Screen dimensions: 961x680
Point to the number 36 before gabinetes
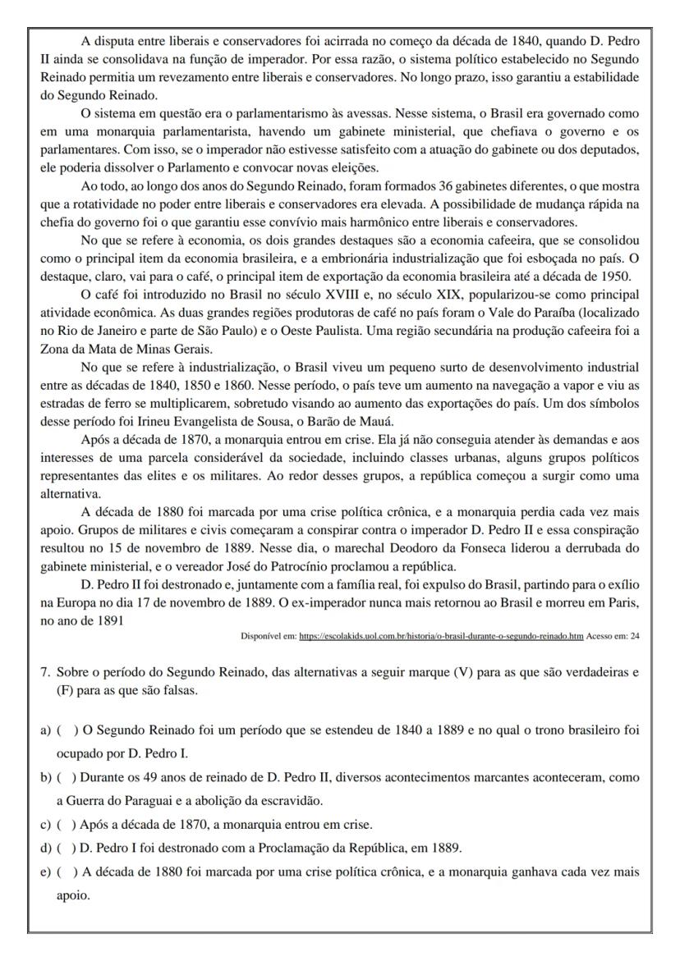click(x=447, y=188)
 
